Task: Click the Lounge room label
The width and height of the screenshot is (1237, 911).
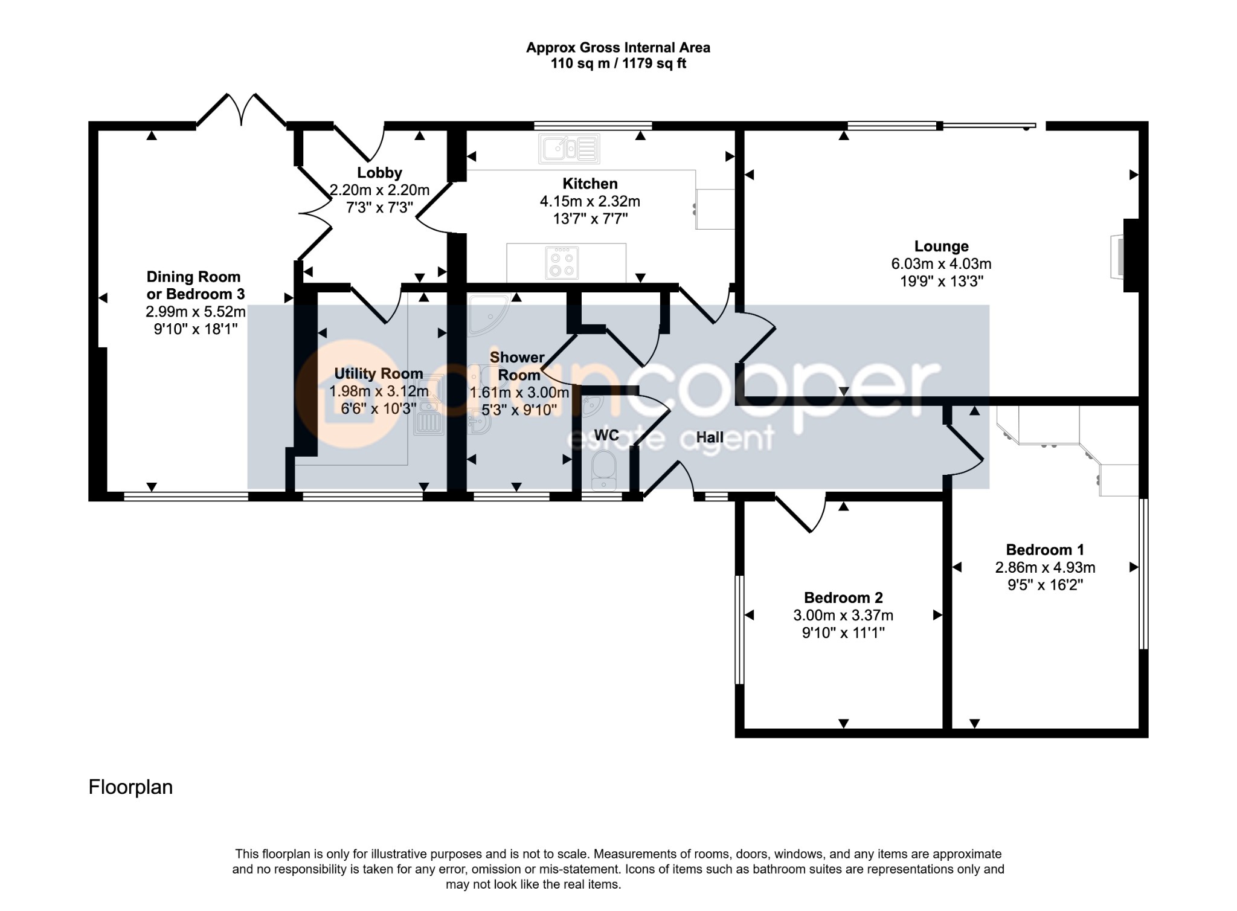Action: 941,246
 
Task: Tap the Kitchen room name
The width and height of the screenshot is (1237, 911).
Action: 590,184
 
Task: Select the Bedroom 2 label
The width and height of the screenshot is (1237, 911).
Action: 843,598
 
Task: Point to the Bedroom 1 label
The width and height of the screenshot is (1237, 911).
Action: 1045,550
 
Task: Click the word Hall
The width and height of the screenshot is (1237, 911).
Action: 710,437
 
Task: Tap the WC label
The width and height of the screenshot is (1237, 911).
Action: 606,435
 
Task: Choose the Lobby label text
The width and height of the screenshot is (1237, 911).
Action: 379,173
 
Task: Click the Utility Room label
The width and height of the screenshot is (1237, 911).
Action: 379,373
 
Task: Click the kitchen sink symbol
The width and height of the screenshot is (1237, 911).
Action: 570,149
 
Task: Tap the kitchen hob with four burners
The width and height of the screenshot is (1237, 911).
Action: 562,263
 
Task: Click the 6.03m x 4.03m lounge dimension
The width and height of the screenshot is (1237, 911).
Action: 941,264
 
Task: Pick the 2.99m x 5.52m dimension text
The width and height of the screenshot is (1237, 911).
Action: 195,312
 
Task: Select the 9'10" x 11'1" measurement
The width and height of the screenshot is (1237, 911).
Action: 843,633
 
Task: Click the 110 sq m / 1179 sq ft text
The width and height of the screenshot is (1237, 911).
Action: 618,63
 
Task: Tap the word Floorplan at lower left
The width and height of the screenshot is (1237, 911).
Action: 130,787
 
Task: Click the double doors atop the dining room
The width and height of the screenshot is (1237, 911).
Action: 242,111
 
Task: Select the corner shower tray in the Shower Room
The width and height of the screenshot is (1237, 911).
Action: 489,314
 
